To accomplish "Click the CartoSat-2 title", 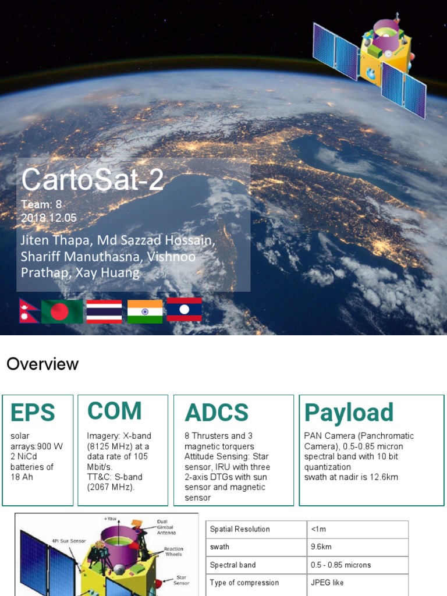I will [x=93, y=180].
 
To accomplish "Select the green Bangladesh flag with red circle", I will [x=62, y=311].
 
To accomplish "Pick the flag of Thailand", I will [x=104, y=311].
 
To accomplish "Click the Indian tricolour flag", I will [x=145, y=311].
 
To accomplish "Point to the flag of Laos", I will [x=185, y=310].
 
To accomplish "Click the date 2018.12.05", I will [x=49, y=218].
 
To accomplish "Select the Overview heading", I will [x=42, y=364].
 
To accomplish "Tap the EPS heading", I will [x=33, y=413].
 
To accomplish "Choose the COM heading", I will [x=115, y=411].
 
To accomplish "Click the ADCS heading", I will [x=217, y=413].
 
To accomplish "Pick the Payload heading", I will [x=349, y=413].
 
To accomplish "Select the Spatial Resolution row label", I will [x=240, y=529].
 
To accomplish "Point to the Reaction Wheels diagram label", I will [x=174, y=552].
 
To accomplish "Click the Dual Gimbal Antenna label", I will [x=166, y=527].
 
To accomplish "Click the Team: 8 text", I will [x=41, y=204].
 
